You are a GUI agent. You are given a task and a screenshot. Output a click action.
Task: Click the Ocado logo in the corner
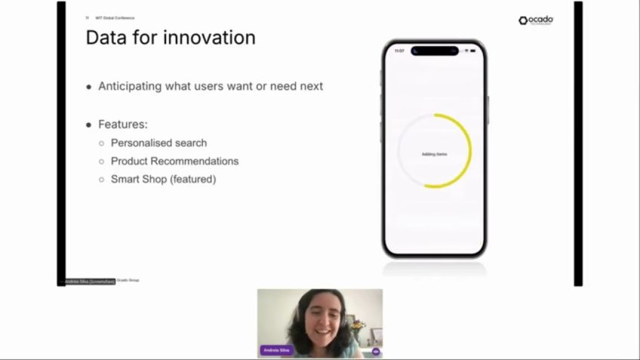click(x=536, y=20)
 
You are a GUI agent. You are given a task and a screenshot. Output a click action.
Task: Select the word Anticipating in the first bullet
click(x=130, y=86)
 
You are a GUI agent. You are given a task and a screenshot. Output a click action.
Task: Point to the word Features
click(x=122, y=124)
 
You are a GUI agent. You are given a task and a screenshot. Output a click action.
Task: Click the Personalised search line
click(x=158, y=143)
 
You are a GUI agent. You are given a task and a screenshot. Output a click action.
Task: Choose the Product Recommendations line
click(x=174, y=161)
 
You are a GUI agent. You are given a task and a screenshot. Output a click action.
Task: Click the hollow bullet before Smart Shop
click(x=102, y=180)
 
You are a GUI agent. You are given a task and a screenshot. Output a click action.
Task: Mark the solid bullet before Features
click(x=89, y=125)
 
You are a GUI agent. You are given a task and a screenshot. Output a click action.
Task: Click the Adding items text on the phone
click(x=434, y=154)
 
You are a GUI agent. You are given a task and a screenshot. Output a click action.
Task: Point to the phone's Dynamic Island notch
click(x=435, y=51)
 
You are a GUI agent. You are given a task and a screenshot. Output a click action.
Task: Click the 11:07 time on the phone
click(x=399, y=51)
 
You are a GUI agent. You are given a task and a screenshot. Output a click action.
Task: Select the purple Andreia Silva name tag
click(x=276, y=350)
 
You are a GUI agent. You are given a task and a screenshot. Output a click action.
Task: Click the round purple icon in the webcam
click(x=376, y=352)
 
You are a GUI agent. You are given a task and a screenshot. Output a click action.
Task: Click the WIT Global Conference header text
click(x=115, y=17)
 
